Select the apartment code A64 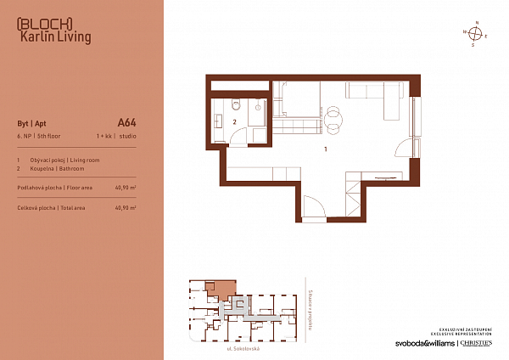(126, 122)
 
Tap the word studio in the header (127, 136)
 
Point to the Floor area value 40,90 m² (126, 187)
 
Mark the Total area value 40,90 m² (126, 207)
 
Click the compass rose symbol (477, 34)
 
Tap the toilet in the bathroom (238, 104)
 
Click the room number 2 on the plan (234, 122)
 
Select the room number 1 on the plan (326, 149)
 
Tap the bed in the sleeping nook (296, 106)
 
